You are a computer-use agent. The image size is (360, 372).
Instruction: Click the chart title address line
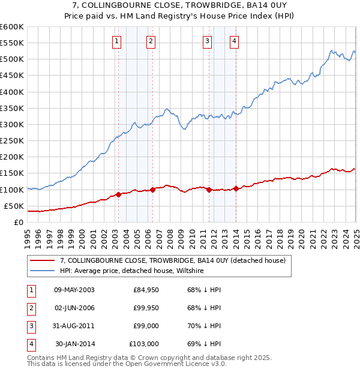pos(179,5)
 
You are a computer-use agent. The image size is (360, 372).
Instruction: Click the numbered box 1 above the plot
pos(116,41)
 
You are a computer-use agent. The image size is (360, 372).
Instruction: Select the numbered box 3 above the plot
pos(207,41)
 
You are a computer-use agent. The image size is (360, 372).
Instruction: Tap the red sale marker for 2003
pos(118,194)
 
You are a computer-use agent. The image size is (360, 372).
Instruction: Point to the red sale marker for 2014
pos(236,188)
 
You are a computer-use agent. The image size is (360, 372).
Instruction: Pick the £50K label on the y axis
pos(14,206)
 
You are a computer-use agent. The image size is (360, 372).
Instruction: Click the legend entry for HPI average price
pos(132,271)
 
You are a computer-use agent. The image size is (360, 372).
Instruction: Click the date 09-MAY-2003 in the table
pos(74,290)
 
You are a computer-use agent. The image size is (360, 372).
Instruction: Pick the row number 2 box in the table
pos(31,308)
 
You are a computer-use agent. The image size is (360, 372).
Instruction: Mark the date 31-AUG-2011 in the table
pos(74,326)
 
